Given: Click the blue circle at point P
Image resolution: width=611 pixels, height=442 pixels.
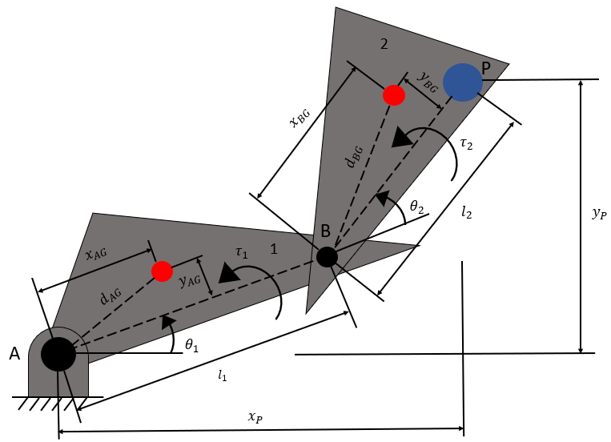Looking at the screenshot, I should (x=463, y=81).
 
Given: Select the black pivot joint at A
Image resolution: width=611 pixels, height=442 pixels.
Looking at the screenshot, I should (x=58, y=353).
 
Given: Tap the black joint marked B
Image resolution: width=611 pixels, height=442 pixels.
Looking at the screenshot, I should (x=327, y=257).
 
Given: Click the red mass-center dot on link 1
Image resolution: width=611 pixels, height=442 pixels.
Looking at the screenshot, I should (x=162, y=271).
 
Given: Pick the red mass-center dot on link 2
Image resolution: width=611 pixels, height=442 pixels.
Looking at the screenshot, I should (x=394, y=94).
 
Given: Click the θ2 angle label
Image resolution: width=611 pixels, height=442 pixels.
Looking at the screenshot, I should (x=417, y=207).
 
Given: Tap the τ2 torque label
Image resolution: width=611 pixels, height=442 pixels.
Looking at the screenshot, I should (x=465, y=143).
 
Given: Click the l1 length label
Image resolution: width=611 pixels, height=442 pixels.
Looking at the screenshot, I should (x=222, y=375).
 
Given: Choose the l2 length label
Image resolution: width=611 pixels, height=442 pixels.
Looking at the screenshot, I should (x=468, y=213).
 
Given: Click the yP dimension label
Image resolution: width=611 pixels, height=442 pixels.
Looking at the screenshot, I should (x=598, y=213).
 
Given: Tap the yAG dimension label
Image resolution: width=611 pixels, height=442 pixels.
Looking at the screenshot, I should (x=190, y=281).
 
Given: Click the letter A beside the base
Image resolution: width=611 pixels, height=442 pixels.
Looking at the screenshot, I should (x=14, y=353).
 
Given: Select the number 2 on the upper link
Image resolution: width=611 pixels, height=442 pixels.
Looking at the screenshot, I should (x=384, y=44).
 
